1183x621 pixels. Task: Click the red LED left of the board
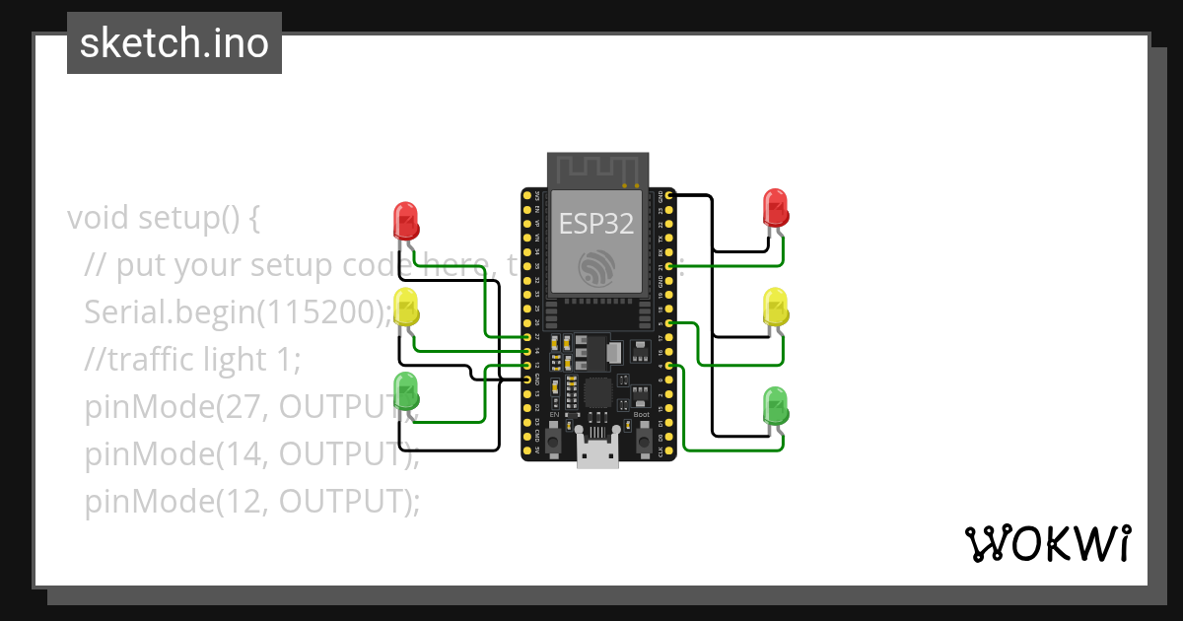click(x=406, y=220)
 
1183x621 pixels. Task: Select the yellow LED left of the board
click(x=406, y=307)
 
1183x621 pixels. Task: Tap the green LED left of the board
click(x=406, y=390)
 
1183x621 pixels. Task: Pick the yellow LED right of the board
click(x=777, y=308)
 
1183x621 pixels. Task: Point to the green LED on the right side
click(x=777, y=406)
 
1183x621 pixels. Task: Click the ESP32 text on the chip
click(x=596, y=223)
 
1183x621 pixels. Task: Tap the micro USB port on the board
click(x=598, y=454)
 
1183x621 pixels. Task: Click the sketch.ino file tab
click(x=174, y=43)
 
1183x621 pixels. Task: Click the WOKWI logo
click(x=1047, y=543)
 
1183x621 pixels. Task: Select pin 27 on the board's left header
click(x=528, y=337)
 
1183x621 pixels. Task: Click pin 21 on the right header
click(x=669, y=266)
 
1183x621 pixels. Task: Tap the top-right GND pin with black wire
click(x=669, y=196)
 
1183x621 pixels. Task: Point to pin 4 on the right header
click(x=669, y=366)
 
